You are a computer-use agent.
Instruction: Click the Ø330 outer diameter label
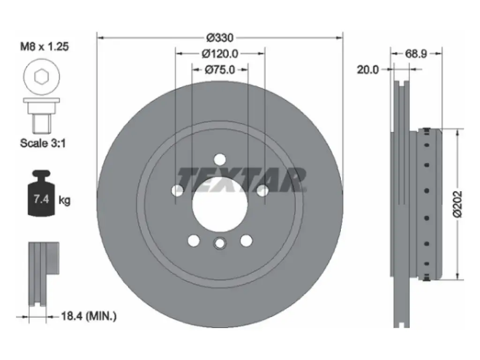click(220, 37)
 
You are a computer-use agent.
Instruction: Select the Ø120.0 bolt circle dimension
click(220, 54)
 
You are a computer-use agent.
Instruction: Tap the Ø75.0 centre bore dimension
click(220, 70)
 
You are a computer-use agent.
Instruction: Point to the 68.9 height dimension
click(416, 54)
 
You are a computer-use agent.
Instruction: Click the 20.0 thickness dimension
click(367, 70)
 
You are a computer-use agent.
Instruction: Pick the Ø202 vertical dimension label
click(457, 204)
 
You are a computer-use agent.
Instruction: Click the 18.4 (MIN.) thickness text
click(89, 316)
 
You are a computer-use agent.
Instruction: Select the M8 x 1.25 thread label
click(45, 46)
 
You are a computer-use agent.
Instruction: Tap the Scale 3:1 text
click(43, 143)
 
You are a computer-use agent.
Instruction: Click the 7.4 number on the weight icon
click(41, 200)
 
